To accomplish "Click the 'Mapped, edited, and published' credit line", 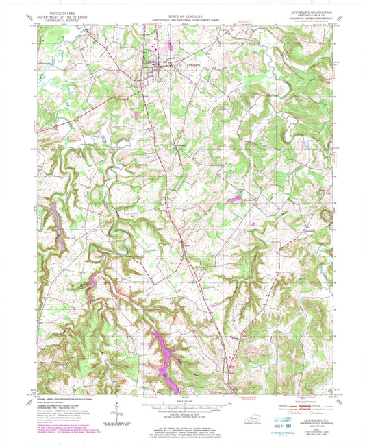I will pyautogui.click(x=58, y=397).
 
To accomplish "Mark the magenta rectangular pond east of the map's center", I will pyautogui.click(x=234, y=199).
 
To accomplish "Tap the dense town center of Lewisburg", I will pyautogui.click(x=159, y=66).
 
